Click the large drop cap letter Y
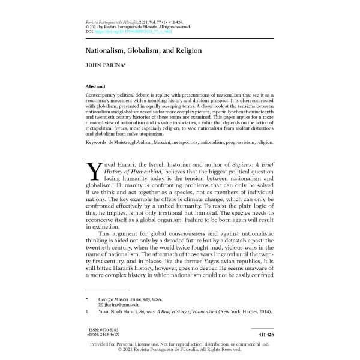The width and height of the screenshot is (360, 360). (94, 170)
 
